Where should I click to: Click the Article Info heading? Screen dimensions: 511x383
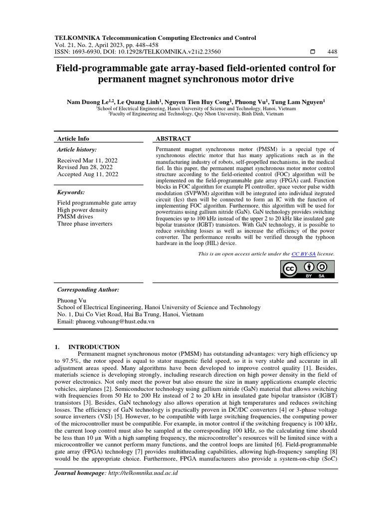pos(73,138)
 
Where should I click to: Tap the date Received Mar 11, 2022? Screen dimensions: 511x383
pos(87,160)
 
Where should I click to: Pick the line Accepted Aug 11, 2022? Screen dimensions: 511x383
pos(88,174)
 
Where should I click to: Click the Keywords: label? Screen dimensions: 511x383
pos(71,192)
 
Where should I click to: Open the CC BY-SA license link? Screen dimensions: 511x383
pos(303,254)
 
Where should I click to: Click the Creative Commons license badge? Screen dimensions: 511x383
pos(305,269)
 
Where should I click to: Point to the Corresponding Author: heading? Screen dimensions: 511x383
pos(88,289)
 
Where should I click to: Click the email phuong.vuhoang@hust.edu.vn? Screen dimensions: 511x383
pos(106,322)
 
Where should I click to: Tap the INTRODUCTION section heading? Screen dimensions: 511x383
pos(94,347)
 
